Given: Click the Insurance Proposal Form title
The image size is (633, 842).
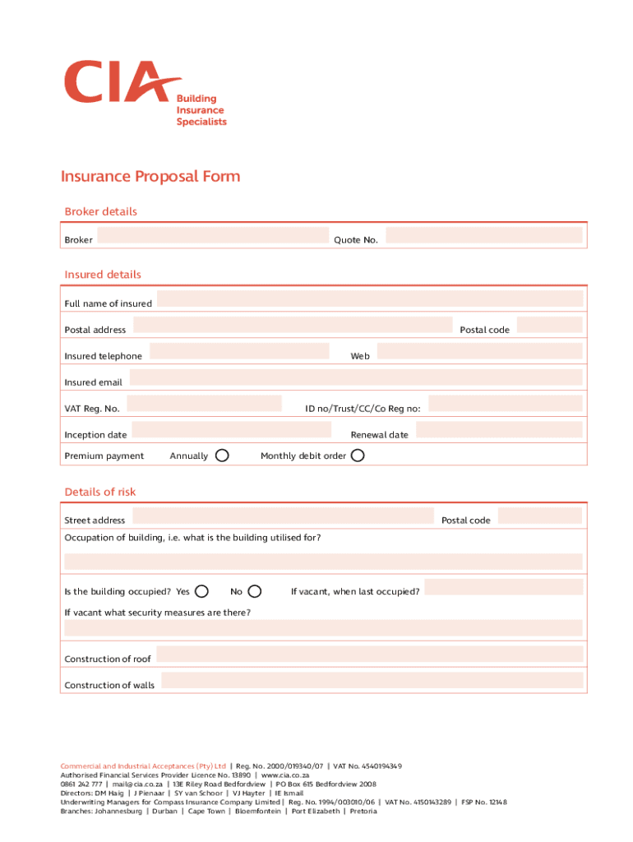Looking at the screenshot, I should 150,177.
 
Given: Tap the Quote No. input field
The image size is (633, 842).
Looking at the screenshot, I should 483,236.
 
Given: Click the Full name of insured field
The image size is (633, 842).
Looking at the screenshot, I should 369,299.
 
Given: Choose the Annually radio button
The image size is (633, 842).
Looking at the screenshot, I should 222,456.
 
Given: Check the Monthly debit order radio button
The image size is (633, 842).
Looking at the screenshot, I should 357,456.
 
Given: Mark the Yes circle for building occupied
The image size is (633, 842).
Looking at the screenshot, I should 201,591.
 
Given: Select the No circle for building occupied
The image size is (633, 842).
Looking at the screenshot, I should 255,591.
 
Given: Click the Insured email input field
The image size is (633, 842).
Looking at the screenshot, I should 355,378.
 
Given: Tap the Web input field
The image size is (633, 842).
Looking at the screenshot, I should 479,352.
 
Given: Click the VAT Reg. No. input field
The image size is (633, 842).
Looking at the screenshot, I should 204,404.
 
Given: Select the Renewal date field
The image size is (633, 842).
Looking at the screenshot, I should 498,430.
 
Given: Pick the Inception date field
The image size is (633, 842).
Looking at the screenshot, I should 231,430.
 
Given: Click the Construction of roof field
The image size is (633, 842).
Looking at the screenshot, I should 369,655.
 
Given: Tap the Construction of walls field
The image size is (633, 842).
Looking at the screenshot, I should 372,681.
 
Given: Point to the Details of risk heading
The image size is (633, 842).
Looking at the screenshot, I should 100,492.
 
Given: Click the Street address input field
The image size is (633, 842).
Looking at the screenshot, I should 282,516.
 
